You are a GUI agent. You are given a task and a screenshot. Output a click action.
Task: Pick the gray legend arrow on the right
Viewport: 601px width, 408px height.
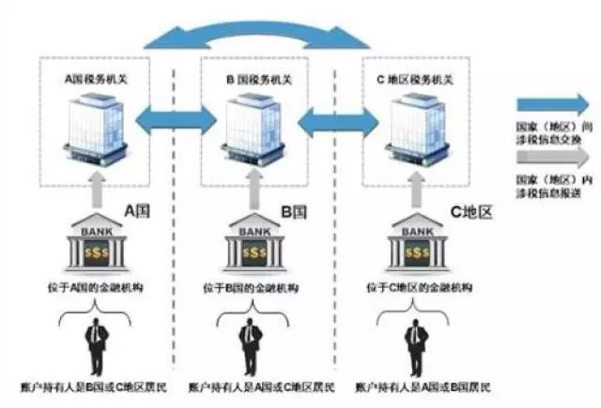click(554, 157)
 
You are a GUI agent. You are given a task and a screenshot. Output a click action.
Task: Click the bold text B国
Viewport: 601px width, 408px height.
click(289, 212)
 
